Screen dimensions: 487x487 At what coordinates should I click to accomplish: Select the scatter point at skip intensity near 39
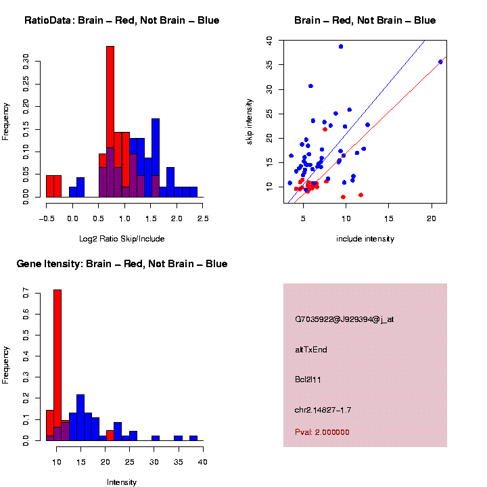coord(341,47)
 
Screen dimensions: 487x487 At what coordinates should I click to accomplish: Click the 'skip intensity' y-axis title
coord(250,120)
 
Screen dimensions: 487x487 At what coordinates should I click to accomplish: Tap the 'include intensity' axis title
coord(365,239)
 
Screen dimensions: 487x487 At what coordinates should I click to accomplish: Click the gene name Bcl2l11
coord(308,379)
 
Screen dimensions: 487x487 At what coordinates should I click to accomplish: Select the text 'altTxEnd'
coord(311,350)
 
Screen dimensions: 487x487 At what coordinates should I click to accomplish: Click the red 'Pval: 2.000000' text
coord(322,432)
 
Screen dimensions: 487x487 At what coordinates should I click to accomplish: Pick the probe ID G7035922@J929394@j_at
coord(344,319)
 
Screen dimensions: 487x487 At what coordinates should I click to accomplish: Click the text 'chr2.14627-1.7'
coord(323,410)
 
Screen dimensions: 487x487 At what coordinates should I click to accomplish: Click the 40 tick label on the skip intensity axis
coord(269,41)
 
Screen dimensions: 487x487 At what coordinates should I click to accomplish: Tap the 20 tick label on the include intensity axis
coord(432,218)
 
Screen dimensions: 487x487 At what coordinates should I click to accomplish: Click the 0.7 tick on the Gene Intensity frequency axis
coord(26,295)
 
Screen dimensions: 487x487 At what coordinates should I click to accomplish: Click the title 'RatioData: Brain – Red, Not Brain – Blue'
coord(122,20)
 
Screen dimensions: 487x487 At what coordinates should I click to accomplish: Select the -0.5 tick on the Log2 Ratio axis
coord(46,218)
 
